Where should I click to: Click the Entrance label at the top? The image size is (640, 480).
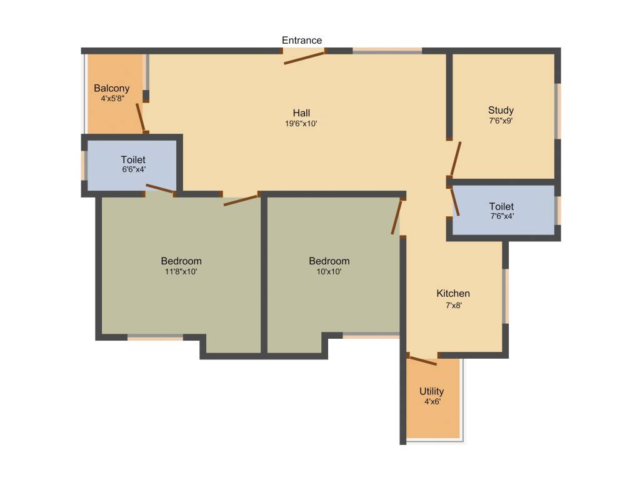click(302, 41)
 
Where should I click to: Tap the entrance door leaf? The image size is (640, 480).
click(304, 57)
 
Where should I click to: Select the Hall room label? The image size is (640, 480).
click(301, 113)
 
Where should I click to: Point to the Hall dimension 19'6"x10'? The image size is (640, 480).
click(301, 124)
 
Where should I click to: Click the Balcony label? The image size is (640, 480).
click(112, 88)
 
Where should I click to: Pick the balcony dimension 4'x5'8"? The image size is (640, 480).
click(112, 98)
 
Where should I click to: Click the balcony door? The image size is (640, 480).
click(141, 116)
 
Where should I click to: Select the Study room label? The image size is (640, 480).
click(501, 111)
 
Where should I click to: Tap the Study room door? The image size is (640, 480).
click(456, 159)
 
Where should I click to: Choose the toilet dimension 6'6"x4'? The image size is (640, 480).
click(133, 169)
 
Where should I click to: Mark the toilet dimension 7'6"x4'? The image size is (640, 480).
click(501, 216)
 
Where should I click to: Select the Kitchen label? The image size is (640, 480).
click(453, 294)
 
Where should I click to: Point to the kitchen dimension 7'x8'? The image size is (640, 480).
click(453, 306)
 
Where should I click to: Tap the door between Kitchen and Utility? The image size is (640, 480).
click(422, 359)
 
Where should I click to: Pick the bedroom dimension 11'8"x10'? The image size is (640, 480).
click(181, 271)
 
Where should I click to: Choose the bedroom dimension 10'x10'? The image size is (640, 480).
click(329, 271)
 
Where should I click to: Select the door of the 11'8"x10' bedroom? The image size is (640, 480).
click(241, 200)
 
